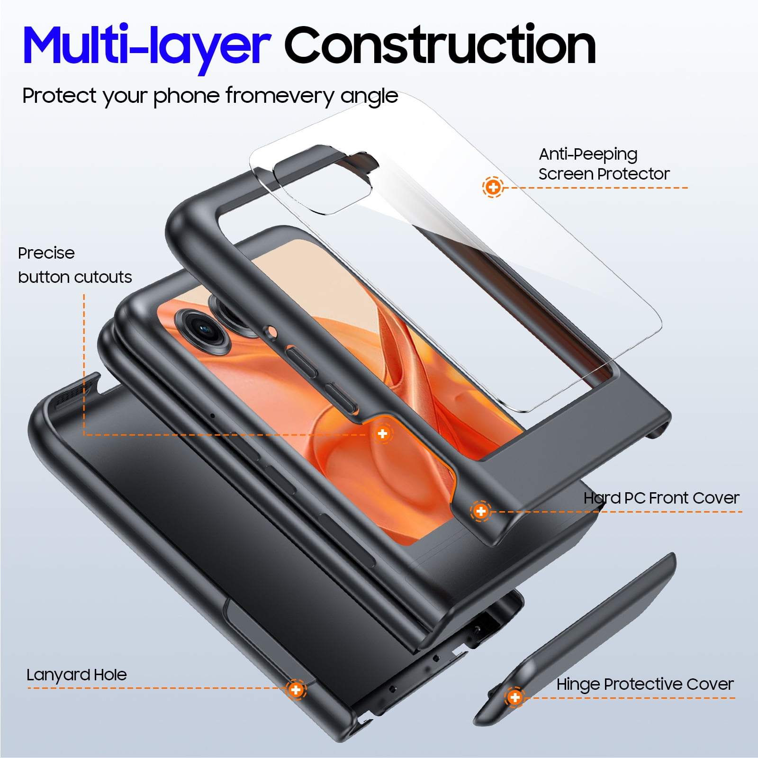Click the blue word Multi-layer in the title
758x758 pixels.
click(146, 46)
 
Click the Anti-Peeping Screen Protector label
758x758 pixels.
click(604, 164)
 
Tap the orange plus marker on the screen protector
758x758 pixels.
click(493, 187)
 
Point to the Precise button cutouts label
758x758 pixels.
click(75, 265)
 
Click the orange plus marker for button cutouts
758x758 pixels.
click(382, 433)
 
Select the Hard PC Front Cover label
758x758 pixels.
click(661, 498)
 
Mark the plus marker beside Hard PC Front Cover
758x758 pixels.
click(481, 511)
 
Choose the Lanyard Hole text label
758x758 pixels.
click(77, 675)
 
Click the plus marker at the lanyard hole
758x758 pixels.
click(296, 689)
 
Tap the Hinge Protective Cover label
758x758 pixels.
click(645, 685)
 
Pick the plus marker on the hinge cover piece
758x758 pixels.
click(514, 697)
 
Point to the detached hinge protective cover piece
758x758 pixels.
click(575, 640)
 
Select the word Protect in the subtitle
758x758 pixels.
click(60, 96)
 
